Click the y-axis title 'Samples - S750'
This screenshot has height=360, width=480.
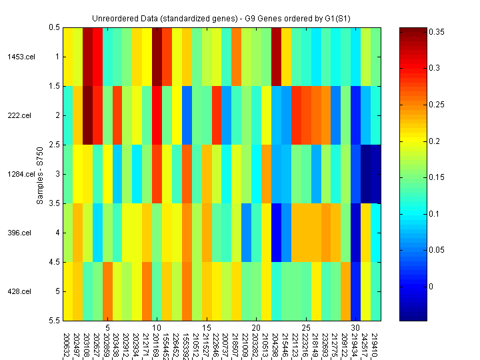[x=40, y=174]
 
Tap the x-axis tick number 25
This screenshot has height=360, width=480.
[x=305, y=329]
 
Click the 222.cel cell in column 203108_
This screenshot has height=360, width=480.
[x=87, y=115]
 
